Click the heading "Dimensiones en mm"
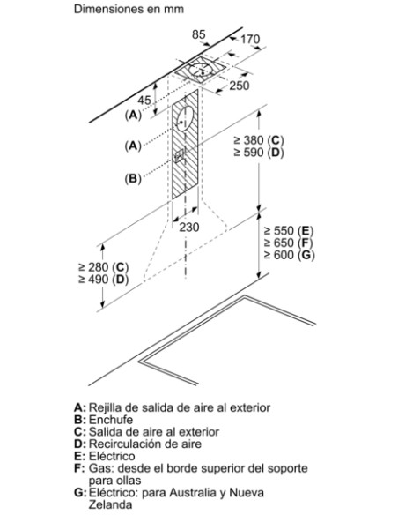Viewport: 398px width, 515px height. tap(129, 9)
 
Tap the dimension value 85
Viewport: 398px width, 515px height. tap(198, 34)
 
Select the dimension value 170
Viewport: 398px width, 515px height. tap(250, 40)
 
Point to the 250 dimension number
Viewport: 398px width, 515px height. tap(240, 86)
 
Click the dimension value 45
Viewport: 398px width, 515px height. tap(144, 101)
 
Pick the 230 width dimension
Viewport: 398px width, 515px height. tap(188, 227)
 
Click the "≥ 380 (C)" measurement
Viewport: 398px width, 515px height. tap(259, 140)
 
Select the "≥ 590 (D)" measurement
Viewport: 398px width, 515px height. tap(259, 153)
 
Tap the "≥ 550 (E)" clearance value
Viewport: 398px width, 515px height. tap(289, 231)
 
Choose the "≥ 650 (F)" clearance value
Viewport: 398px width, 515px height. tap(289, 243)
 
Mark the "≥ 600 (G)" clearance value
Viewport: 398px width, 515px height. tap(289, 255)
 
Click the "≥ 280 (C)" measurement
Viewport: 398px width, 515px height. tap(104, 267)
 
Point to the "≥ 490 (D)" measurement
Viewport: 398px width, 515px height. tap(104, 280)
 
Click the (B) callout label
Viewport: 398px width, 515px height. tap(133, 178)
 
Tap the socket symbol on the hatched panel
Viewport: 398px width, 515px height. tap(180, 155)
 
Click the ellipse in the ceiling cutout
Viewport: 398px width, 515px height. tap(200, 69)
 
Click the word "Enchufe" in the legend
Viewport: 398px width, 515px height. tap(111, 420)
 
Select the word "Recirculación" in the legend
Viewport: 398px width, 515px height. tap(126, 444)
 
